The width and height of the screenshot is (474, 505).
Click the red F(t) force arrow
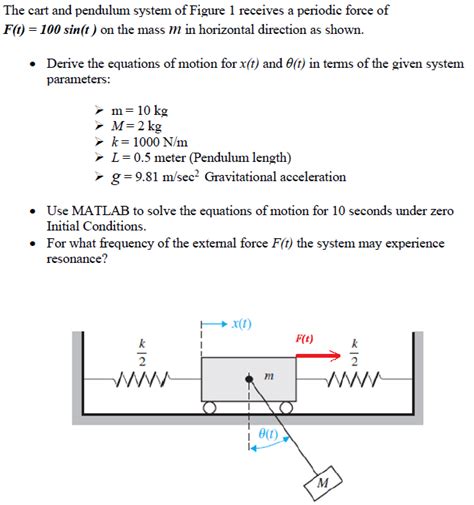[x=314, y=352]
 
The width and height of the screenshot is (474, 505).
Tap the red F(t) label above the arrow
[x=304, y=338]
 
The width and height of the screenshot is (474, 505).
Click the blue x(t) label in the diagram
[x=242, y=324]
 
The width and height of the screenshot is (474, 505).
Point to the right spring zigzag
[x=354, y=379]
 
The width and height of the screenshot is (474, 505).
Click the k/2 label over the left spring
[x=141, y=352]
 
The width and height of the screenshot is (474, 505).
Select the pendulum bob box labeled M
[x=322, y=483]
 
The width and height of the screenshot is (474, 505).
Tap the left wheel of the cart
[x=210, y=408]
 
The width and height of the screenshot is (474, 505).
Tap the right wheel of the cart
[x=287, y=408]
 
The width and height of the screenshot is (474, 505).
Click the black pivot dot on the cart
[x=249, y=379]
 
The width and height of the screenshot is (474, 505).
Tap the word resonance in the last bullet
[x=77, y=259]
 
